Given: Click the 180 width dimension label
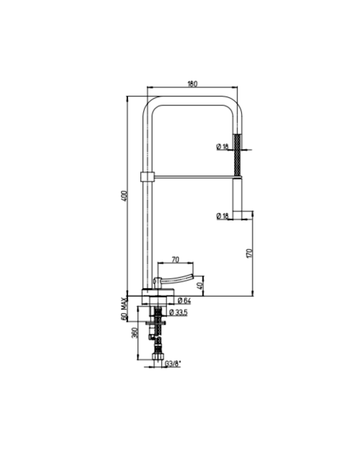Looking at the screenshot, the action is [x=192, y=84].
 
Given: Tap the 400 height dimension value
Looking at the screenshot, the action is [x=125, y=196].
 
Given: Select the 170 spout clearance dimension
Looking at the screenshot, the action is [x=251, y=253].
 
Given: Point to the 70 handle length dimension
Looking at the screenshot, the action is [x=176, y=259].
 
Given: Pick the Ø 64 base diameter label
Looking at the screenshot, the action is [x=184, y=300].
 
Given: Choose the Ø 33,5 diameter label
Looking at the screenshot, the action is [x=179, y=312].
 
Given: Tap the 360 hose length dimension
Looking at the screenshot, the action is [x=135, y=333].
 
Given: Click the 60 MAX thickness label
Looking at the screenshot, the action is [x=125, y=308].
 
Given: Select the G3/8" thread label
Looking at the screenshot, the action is [x=173, y=364].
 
